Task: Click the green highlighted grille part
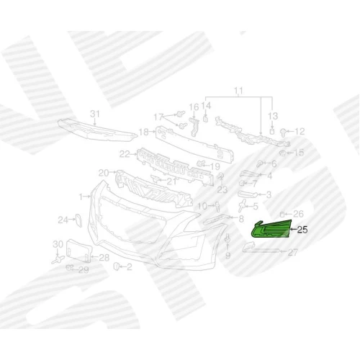[271, 230]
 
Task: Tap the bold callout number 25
[302, 230]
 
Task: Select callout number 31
[95, 114]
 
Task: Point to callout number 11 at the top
[238, 91]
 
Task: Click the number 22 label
[125, 154]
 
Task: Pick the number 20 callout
[104, 173]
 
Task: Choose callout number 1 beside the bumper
[81, 197]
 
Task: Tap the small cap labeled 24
[78, 220]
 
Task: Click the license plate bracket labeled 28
[79, 251]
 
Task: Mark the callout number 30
[58, 244]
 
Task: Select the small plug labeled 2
[117, 266]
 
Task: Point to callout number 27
[293, 252]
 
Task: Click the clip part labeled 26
[282, 214]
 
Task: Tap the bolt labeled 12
[283, 132]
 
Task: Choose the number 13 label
[273, 116]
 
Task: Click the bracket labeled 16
[194, 127]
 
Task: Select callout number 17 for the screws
[158, 117]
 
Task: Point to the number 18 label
[144, 132]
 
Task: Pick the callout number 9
[228, 256]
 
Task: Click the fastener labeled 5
[243, 205]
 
